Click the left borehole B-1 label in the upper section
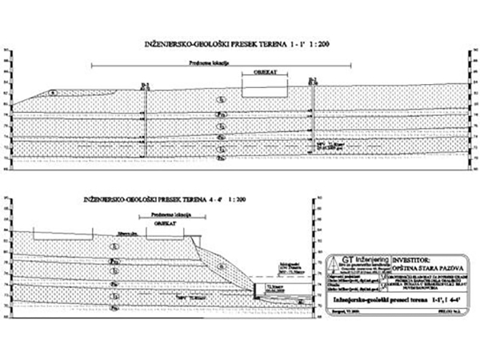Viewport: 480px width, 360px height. click(145, 84)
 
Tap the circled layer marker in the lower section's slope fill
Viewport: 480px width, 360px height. click(222, 265)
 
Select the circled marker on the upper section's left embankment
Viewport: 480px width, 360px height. click(54, 94)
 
